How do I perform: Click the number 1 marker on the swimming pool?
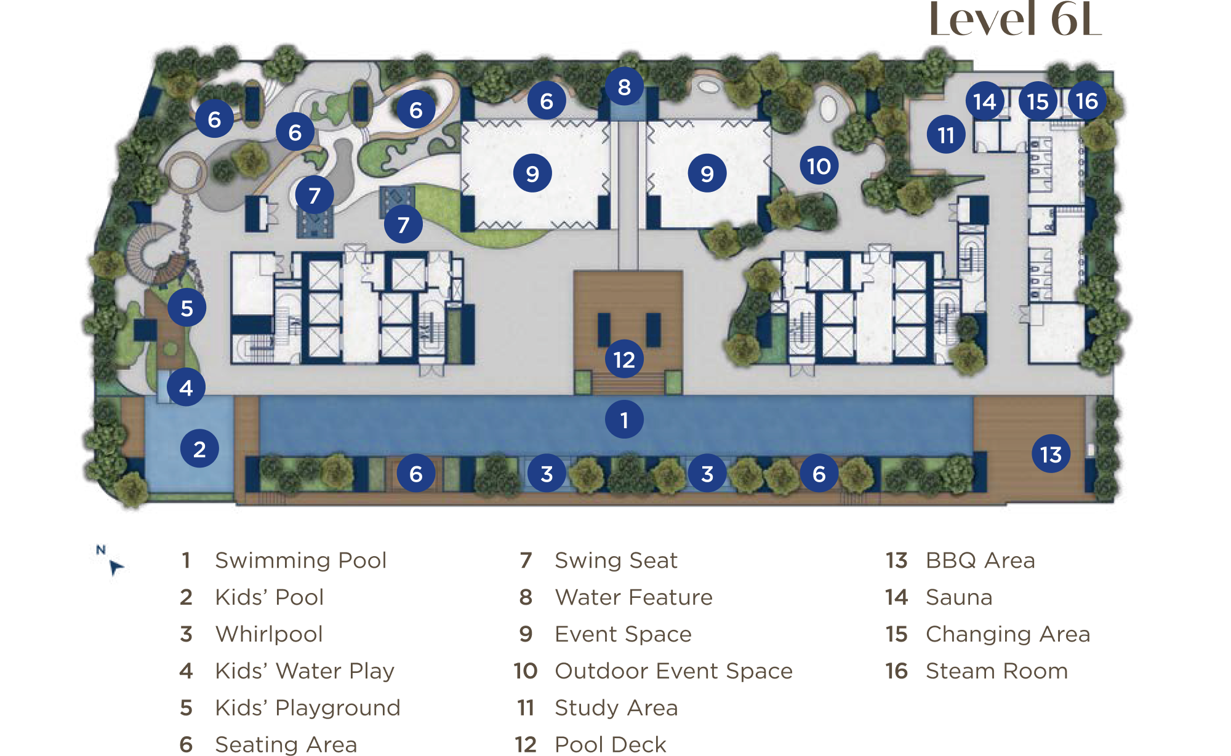tap(624, 420)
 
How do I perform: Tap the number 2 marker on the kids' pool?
tap(199, 449)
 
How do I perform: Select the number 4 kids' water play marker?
tap(186, 388)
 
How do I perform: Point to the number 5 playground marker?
tap(186, 308)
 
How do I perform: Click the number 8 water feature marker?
tap(624, 87)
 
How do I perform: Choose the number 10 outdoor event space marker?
tap(819, 165)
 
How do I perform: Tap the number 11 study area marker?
tap(946, 135)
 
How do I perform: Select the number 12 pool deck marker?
tap(624, 359)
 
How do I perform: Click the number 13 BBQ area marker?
tap(1051, 454)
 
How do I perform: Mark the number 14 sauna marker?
tap(985, 101)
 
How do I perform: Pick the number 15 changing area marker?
tap(1038, 101)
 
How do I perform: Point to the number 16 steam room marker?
tap(1087, 100)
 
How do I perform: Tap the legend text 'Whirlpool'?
tap(269, 634)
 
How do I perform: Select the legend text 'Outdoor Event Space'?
tap(673, 670)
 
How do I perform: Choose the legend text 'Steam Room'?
tap(996, 670)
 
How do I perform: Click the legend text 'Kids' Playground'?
tap(308, 708)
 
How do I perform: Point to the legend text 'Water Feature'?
tap(633, 597)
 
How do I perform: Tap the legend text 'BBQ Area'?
tap(980, 560)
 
